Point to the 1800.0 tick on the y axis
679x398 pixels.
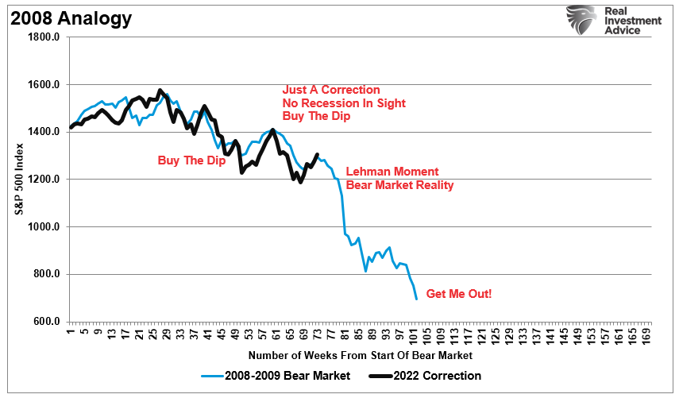click(x=44, y=37)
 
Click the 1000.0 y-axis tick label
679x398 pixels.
click(x=44, y=227)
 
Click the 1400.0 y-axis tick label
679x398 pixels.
click(x=44, y=132)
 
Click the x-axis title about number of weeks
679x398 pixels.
click(x=360, y=355)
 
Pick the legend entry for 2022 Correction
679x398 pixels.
click(x=430, y=376)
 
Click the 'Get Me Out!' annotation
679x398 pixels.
click(x=459, y=294)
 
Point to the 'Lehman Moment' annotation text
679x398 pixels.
click(x=392, y=172)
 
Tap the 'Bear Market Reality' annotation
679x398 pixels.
click(x=399, y=185)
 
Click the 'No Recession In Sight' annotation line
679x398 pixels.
click(x=344, y=103)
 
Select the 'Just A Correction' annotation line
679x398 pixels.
click(x=331, y=90)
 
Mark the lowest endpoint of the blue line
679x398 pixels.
click(x=417, y=299)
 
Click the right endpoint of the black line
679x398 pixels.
click(x=318, y=154)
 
